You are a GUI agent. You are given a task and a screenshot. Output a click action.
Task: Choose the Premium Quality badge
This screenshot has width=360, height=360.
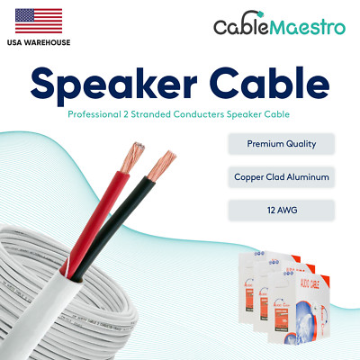tap(280, 143)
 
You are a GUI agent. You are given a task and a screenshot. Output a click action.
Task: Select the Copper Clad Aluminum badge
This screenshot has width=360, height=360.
tap(280, 176)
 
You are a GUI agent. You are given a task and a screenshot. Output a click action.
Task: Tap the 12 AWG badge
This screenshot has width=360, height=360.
tap(280, 210)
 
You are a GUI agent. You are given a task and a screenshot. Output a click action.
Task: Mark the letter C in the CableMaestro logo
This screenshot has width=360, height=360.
tap(221, 26)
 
